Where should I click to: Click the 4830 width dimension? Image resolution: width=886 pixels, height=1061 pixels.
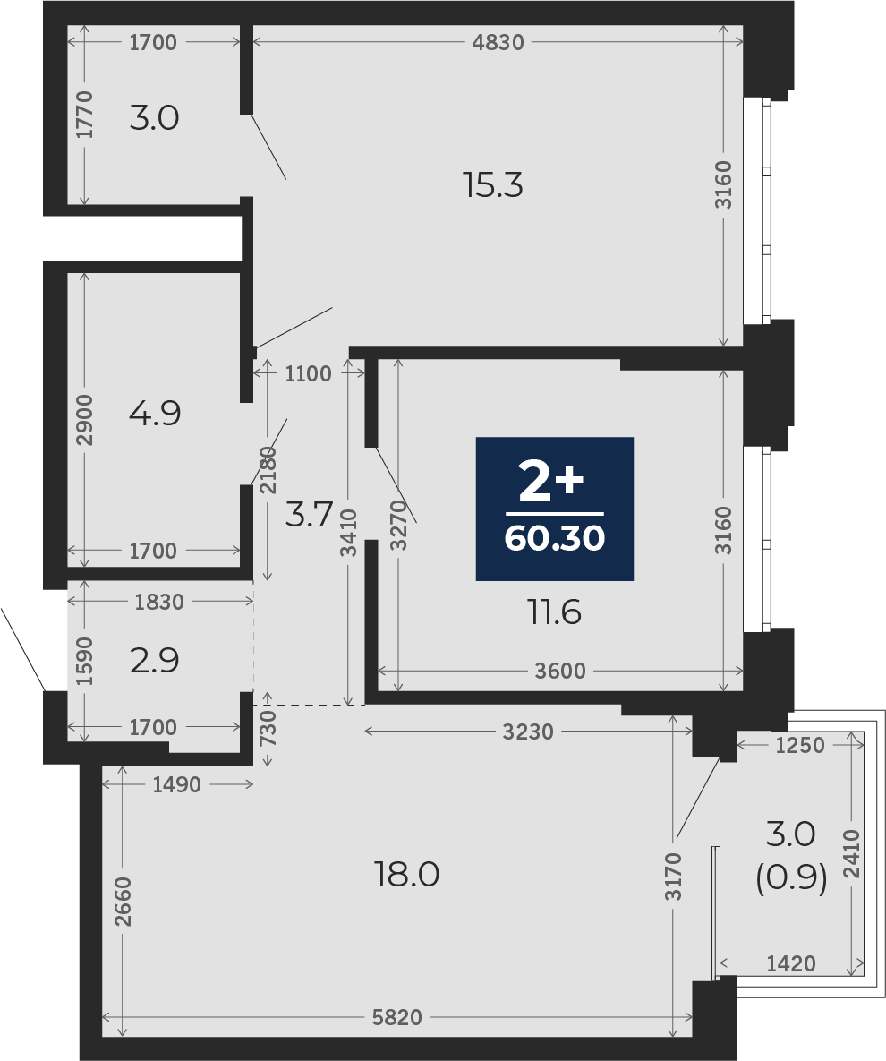click(x=498, y=43)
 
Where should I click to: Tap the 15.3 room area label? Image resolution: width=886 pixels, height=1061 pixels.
click(x=493, y=184)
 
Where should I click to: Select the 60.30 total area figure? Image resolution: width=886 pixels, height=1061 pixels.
click(x=555, y=539)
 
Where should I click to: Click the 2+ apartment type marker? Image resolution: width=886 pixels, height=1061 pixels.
click(x=550, y=482)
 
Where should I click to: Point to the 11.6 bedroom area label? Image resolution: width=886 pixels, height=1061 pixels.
click(x=554, y=612)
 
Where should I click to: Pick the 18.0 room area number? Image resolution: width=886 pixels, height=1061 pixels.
click(x=407, y=874)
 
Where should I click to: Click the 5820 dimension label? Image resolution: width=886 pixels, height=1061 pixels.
click(x=397, y=1017)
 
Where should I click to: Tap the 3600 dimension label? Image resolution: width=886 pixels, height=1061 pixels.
click(x=560, y=671)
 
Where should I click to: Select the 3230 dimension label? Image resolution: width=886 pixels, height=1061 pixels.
click(x=527, y=732)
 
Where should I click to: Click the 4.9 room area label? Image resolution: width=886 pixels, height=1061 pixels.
click(x=155, y=413)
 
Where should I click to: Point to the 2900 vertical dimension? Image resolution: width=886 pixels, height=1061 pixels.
click(x=84, y=420)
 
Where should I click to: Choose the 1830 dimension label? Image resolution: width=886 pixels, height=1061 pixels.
click(x=159, y=602)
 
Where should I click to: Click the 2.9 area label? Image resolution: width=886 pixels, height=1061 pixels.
click(x=155, y=661)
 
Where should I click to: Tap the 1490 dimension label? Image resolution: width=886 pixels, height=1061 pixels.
click(x=176, y=784)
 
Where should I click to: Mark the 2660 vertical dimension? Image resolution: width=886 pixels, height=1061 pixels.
click(x=124, y=902)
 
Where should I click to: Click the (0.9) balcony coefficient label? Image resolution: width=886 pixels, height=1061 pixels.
click(x=790, y=879)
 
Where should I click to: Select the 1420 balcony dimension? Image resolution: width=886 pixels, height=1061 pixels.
click(x=790, y=963)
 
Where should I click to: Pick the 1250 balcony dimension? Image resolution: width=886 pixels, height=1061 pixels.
click(x=800, y=745)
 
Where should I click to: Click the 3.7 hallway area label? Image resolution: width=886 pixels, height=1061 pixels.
click(x=309, y=515)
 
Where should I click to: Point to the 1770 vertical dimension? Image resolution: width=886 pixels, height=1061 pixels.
click(x=84, y=115)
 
